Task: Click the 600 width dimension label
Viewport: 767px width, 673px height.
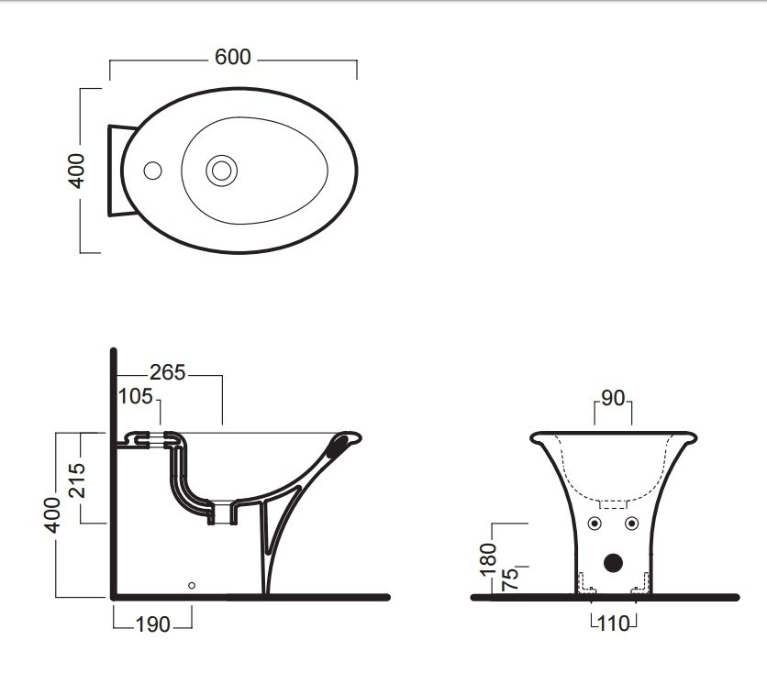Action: pos(233,57)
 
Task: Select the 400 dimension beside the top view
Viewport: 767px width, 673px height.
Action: pos(76,171)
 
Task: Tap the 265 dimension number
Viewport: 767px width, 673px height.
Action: pos(167,373)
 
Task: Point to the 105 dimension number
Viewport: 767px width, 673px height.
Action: pos(136,396)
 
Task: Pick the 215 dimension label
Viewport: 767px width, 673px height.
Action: pos(77,480)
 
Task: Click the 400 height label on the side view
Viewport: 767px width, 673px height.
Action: pos(52,515)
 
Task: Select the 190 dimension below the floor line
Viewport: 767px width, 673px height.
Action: pos(152,624)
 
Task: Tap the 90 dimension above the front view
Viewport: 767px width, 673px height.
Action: pos(613,399)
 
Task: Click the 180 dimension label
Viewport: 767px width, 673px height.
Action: pos(489,559)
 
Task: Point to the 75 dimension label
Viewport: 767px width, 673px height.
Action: pos(510,579)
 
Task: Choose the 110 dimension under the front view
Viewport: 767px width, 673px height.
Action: pos(614,624)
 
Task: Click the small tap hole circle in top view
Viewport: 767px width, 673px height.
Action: pos(152,171)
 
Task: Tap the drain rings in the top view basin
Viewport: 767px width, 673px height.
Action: pos(222,171)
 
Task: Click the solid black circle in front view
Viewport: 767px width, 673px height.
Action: pos(613,563)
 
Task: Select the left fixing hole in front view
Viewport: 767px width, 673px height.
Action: pos(595,524)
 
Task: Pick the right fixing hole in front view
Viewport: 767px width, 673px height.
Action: pos(631,524)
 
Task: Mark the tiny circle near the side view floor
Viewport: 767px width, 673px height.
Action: pos(192,586)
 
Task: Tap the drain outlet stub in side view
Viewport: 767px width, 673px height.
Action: pos(223,513)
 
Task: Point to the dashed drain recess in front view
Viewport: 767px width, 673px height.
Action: pos(614,504)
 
